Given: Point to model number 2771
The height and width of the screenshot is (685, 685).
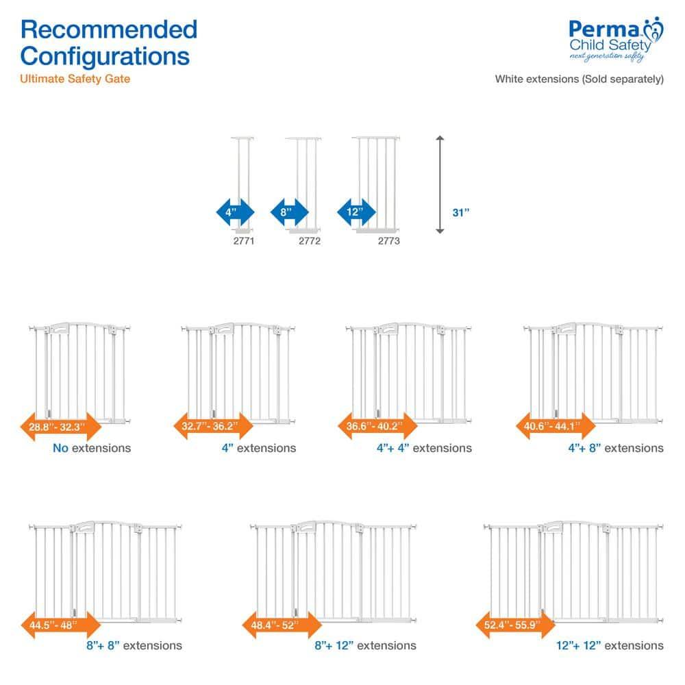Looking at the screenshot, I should [x=243, y=241].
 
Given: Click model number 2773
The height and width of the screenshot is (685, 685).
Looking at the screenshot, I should [x=389, y=241].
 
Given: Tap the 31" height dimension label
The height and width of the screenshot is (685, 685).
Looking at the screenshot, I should [x=462, y=212].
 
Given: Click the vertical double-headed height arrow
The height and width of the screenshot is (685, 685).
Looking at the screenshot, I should [x=440, y=185].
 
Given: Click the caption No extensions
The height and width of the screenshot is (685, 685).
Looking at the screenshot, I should [x=92, y=448].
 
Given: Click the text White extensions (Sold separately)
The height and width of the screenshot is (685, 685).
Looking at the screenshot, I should [x=580, y=79].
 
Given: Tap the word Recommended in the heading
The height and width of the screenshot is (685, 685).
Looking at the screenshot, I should [x=109, y=29].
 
